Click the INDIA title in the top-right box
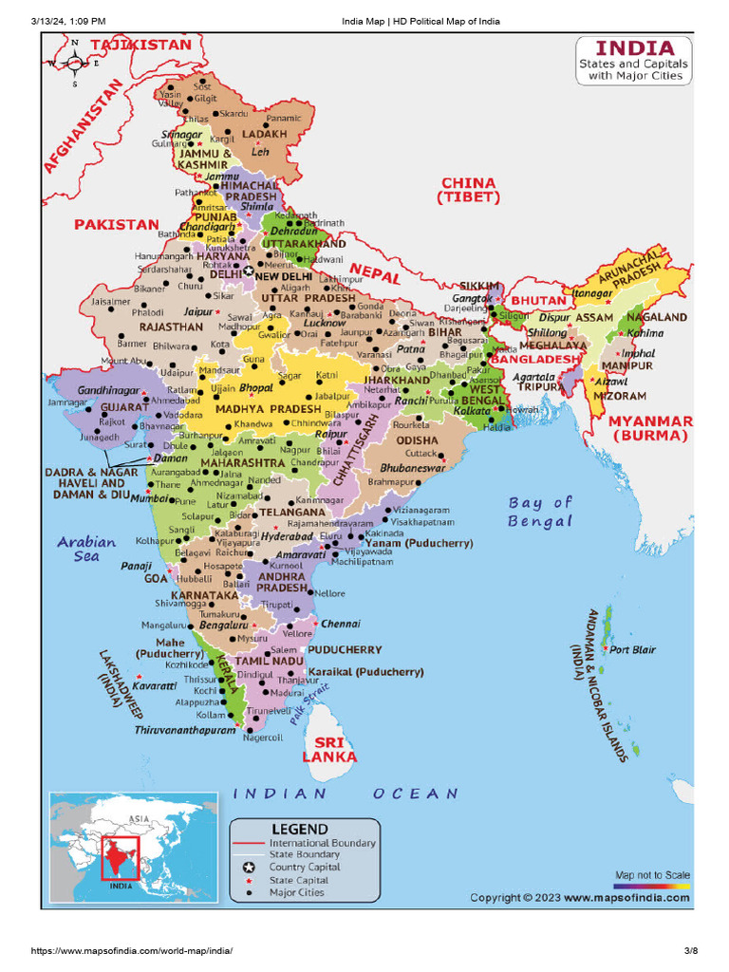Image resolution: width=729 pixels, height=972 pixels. tap(634, 47)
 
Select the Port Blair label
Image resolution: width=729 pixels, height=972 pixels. tap(632, 650)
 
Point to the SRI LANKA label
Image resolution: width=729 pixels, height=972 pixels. tap(329, 749)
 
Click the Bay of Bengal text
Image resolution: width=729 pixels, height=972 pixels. tap(540, 512)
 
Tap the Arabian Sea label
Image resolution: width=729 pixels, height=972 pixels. tap(86, 549)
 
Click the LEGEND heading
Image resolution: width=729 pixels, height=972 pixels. tap(300, 829)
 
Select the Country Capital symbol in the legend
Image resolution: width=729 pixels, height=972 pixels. tap(249, 868)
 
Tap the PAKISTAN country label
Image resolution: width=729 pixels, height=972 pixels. tap(117, 225)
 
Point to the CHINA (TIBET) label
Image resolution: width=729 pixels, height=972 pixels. tap(467, 190)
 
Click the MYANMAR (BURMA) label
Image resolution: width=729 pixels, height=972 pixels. tap(650, 428)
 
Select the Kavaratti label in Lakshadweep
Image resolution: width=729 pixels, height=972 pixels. tap(154, 684)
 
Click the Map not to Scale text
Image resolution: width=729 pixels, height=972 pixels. tap(652, 874)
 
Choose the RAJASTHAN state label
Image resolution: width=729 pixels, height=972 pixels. tap(171, 327)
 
